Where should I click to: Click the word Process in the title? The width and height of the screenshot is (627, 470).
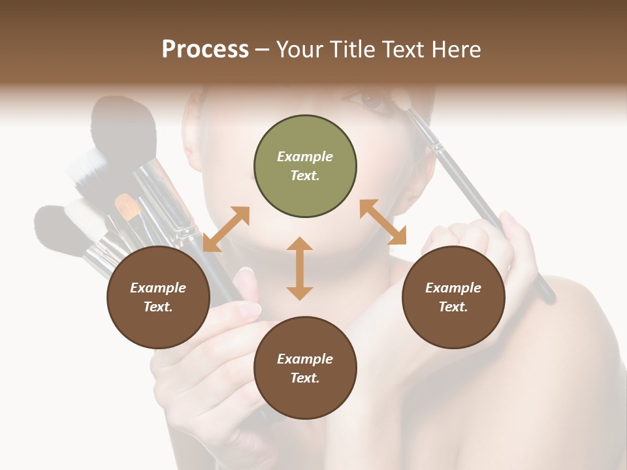205,50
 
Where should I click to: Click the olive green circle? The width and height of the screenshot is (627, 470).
305,166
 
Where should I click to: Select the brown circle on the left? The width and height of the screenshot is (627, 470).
158,297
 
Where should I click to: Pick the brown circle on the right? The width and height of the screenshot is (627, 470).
453,297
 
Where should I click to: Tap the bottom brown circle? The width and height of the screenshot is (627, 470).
305,368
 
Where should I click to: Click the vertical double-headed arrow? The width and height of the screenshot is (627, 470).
300,268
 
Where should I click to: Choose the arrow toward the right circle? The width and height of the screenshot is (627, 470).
383,222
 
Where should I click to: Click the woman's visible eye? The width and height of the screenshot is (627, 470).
371,100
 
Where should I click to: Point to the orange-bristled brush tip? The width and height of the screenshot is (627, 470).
127,206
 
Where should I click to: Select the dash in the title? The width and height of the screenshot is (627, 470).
263,50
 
